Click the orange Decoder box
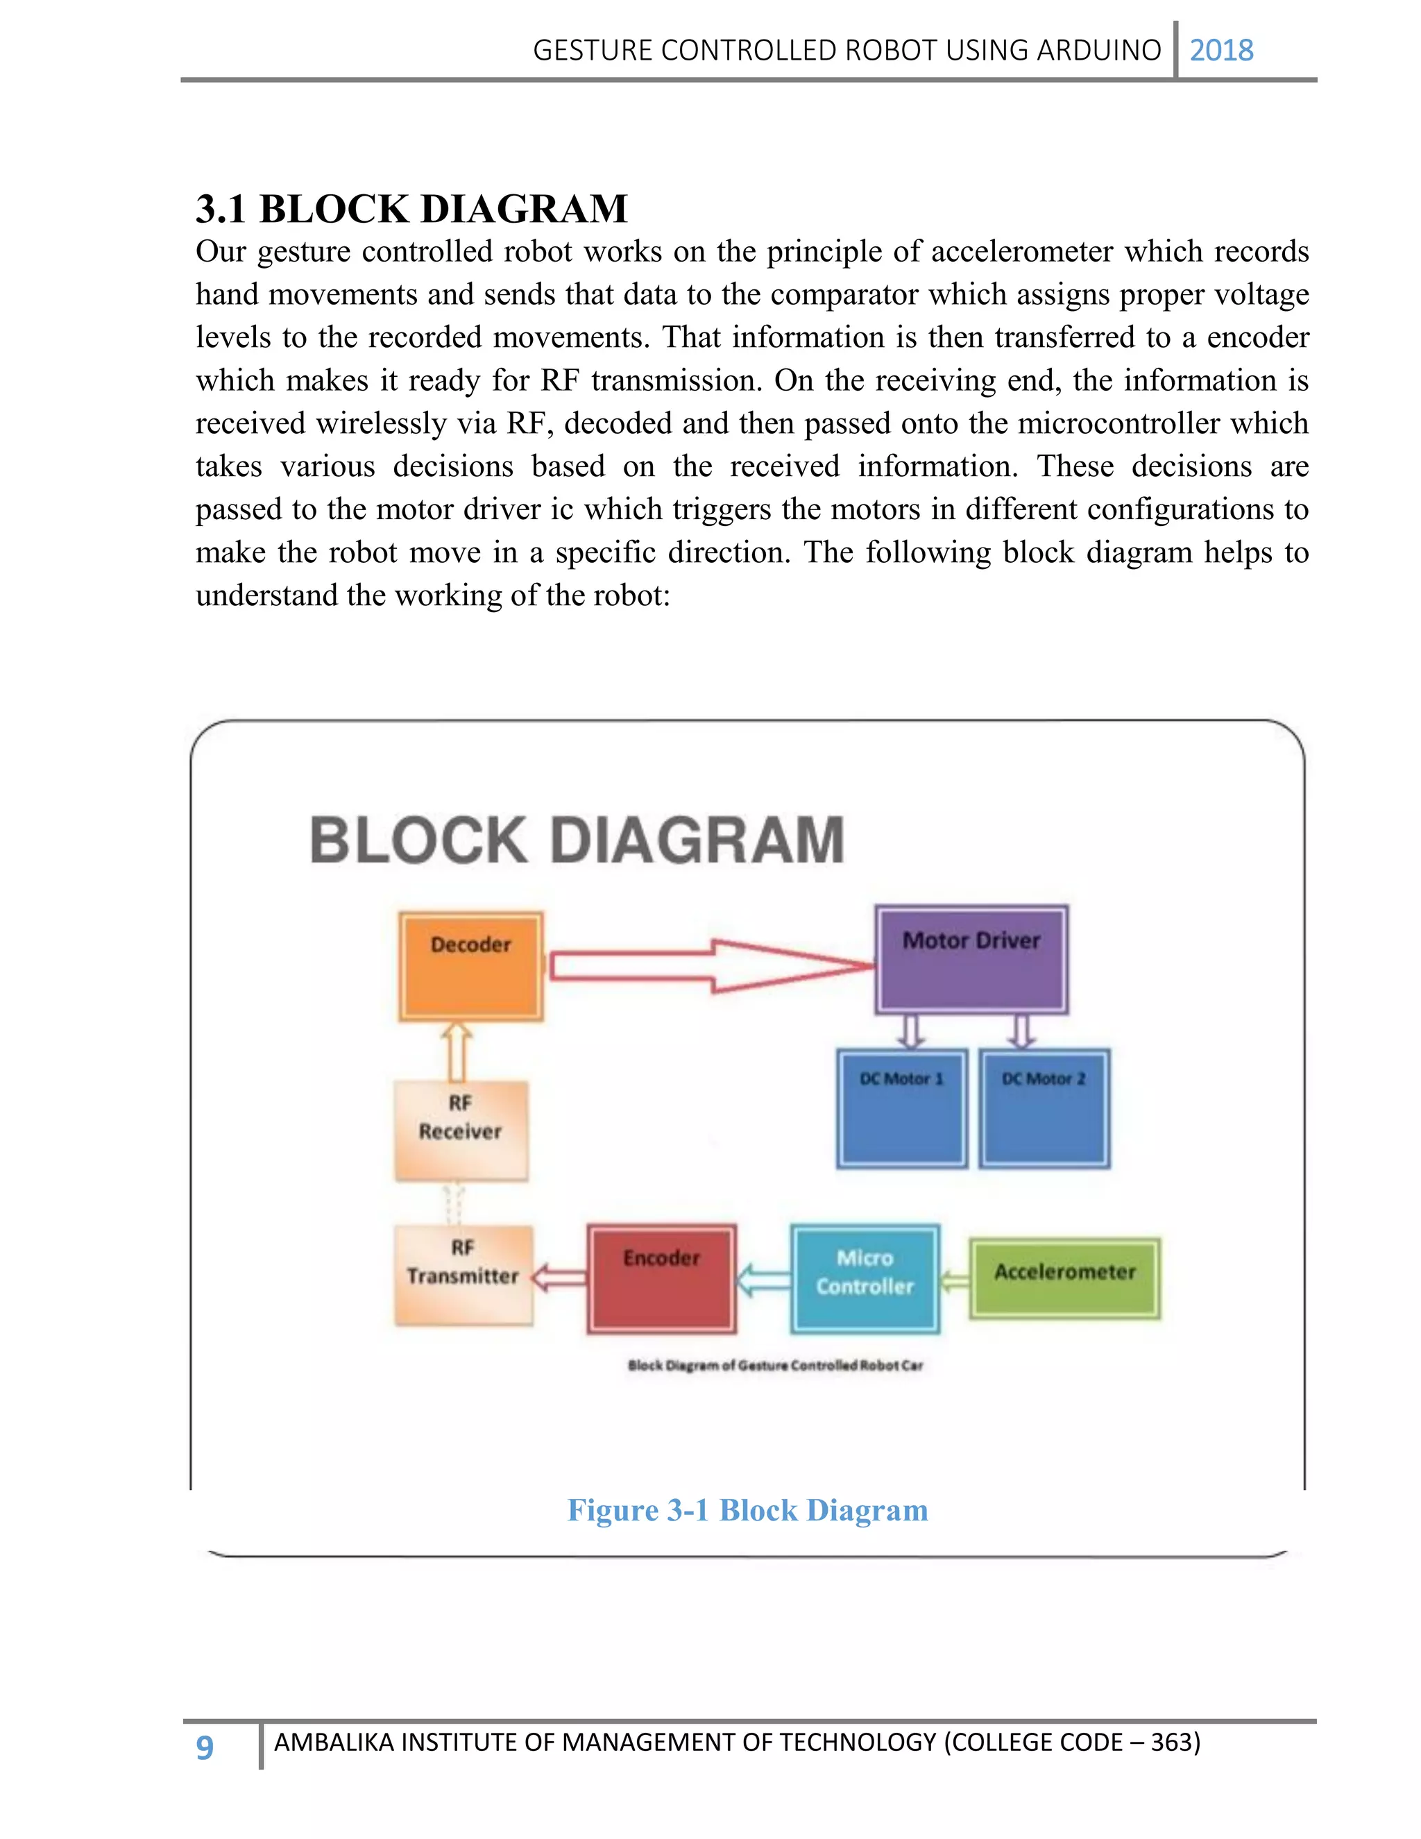[470, 966]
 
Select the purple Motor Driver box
[971, 959]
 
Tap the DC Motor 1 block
[901, 1108]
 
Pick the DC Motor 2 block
[1044, 1108]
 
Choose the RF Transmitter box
[463, 1275]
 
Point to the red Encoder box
[662, 1278]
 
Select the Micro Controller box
[865, 1278]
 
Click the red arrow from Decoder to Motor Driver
[711, 967]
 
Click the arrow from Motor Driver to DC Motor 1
[911, 1031]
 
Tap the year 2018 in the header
[1220, 51]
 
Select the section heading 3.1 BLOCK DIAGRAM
[411, 209]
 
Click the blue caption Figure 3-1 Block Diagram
[747, 1510]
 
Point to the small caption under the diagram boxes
[775, 1365]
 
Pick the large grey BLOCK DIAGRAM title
[577, 840]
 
